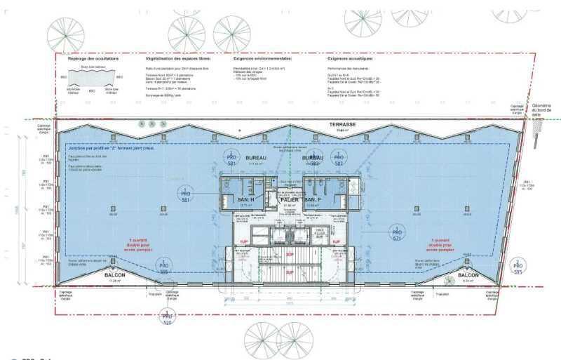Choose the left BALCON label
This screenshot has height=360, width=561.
click(115, 275)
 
